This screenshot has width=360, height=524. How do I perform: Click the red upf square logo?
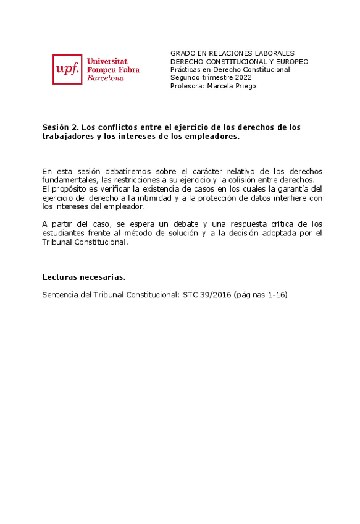pos(67,69)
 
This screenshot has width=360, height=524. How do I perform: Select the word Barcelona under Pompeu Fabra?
pos(106,78)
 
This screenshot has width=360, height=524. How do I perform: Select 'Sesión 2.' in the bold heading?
pos(60,127)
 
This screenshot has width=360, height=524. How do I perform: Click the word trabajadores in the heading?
pos(67,137)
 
